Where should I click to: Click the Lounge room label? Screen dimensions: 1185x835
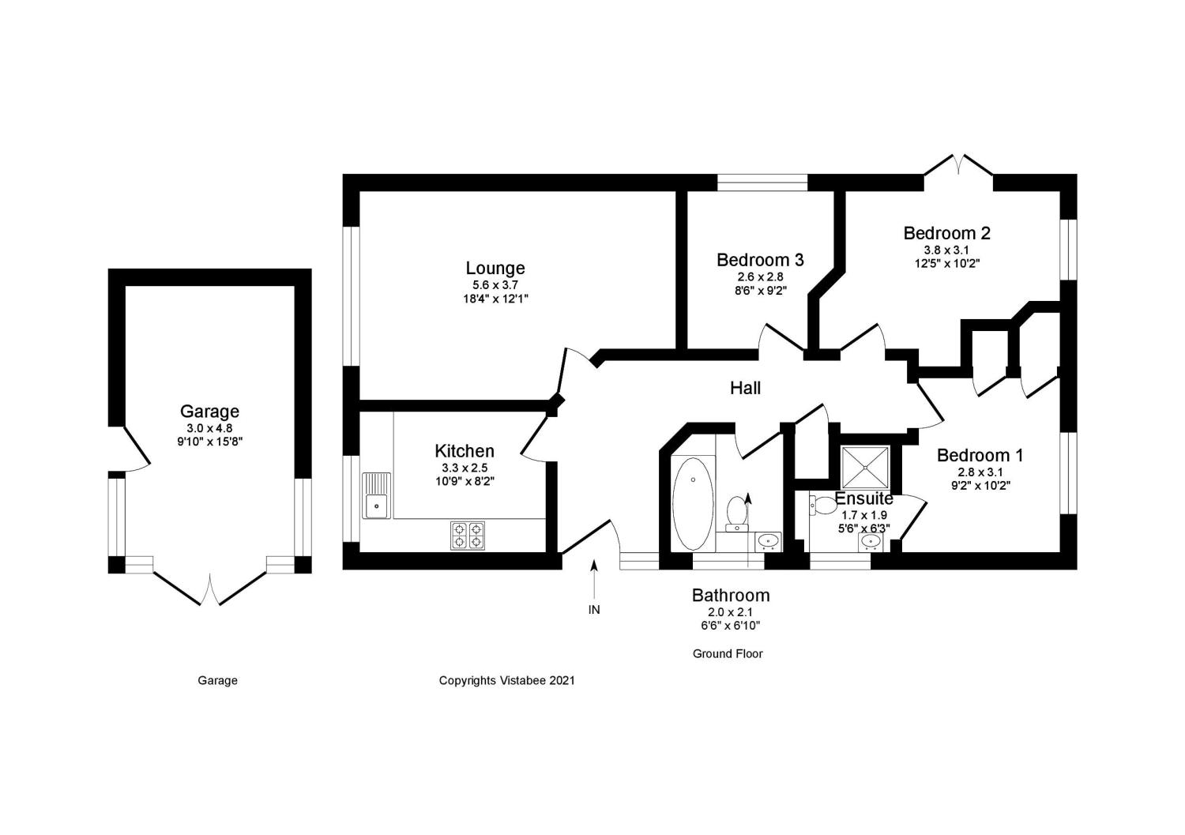pyautogui.click(x=495, y=269)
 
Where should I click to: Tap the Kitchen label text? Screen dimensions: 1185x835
pyautogui.click(x=465, y=451)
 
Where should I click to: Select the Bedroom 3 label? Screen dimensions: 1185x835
pyautogui.click(x=760, y=260)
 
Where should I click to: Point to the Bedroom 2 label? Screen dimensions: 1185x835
pyautogui.click(x=946, y=233)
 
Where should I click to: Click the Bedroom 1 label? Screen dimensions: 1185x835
pyautogui.click(x=980, y=455)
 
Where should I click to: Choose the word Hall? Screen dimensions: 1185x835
pyautogui.click(x=745, y=388)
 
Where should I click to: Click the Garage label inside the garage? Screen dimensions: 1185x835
pyautogui.click(x=209, y=412)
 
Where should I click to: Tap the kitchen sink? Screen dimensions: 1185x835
pyautogui.click(x=377, y=495)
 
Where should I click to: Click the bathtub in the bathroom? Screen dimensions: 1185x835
pyautogui.click(x=693, y=504)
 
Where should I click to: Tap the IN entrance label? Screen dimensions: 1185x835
pyautogui.click(x=594, y=610)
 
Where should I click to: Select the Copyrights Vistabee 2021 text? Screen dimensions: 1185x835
pyautogui.click(x=506, y=680)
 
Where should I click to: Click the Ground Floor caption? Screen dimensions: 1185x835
pyautogui.click(x=728, y=654)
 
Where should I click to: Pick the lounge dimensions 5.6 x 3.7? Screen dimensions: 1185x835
pyautogui.click(x=495, y=285)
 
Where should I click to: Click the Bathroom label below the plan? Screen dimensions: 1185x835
pyautogui.click(x=731, y=596)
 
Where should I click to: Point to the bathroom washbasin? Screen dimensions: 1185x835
pyautogui.click(x=767, y=541)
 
